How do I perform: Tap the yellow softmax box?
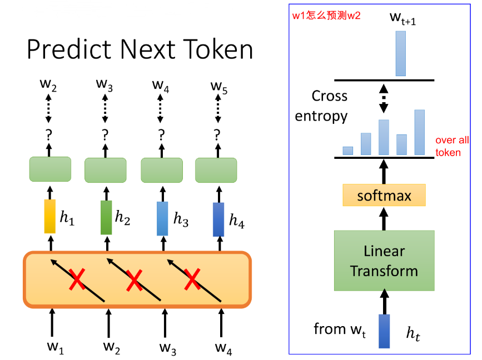pos(384,196)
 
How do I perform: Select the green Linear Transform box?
pos(384,261)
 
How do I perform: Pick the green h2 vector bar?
pos(106,217)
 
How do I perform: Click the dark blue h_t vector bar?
pos(384,331)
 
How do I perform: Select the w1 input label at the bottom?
pos(54,348)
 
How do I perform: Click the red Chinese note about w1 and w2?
pos(326,16)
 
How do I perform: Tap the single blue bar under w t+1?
pos(400,53)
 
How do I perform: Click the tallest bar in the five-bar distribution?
pos(419,132)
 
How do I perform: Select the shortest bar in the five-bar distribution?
pos(348,150)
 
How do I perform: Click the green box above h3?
pos(161,169)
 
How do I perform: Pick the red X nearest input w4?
pos(192,279)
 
